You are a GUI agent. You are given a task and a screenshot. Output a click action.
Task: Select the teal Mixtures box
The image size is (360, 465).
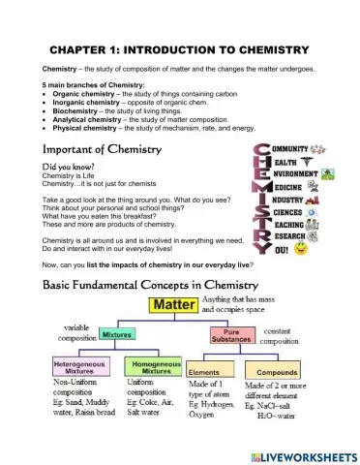[x=117, y=333]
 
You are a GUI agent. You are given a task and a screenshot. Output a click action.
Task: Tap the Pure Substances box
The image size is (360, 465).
[x=232, y=334]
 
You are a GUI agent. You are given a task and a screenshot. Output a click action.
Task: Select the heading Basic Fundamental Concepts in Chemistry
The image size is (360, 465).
[x=150, y=286]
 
